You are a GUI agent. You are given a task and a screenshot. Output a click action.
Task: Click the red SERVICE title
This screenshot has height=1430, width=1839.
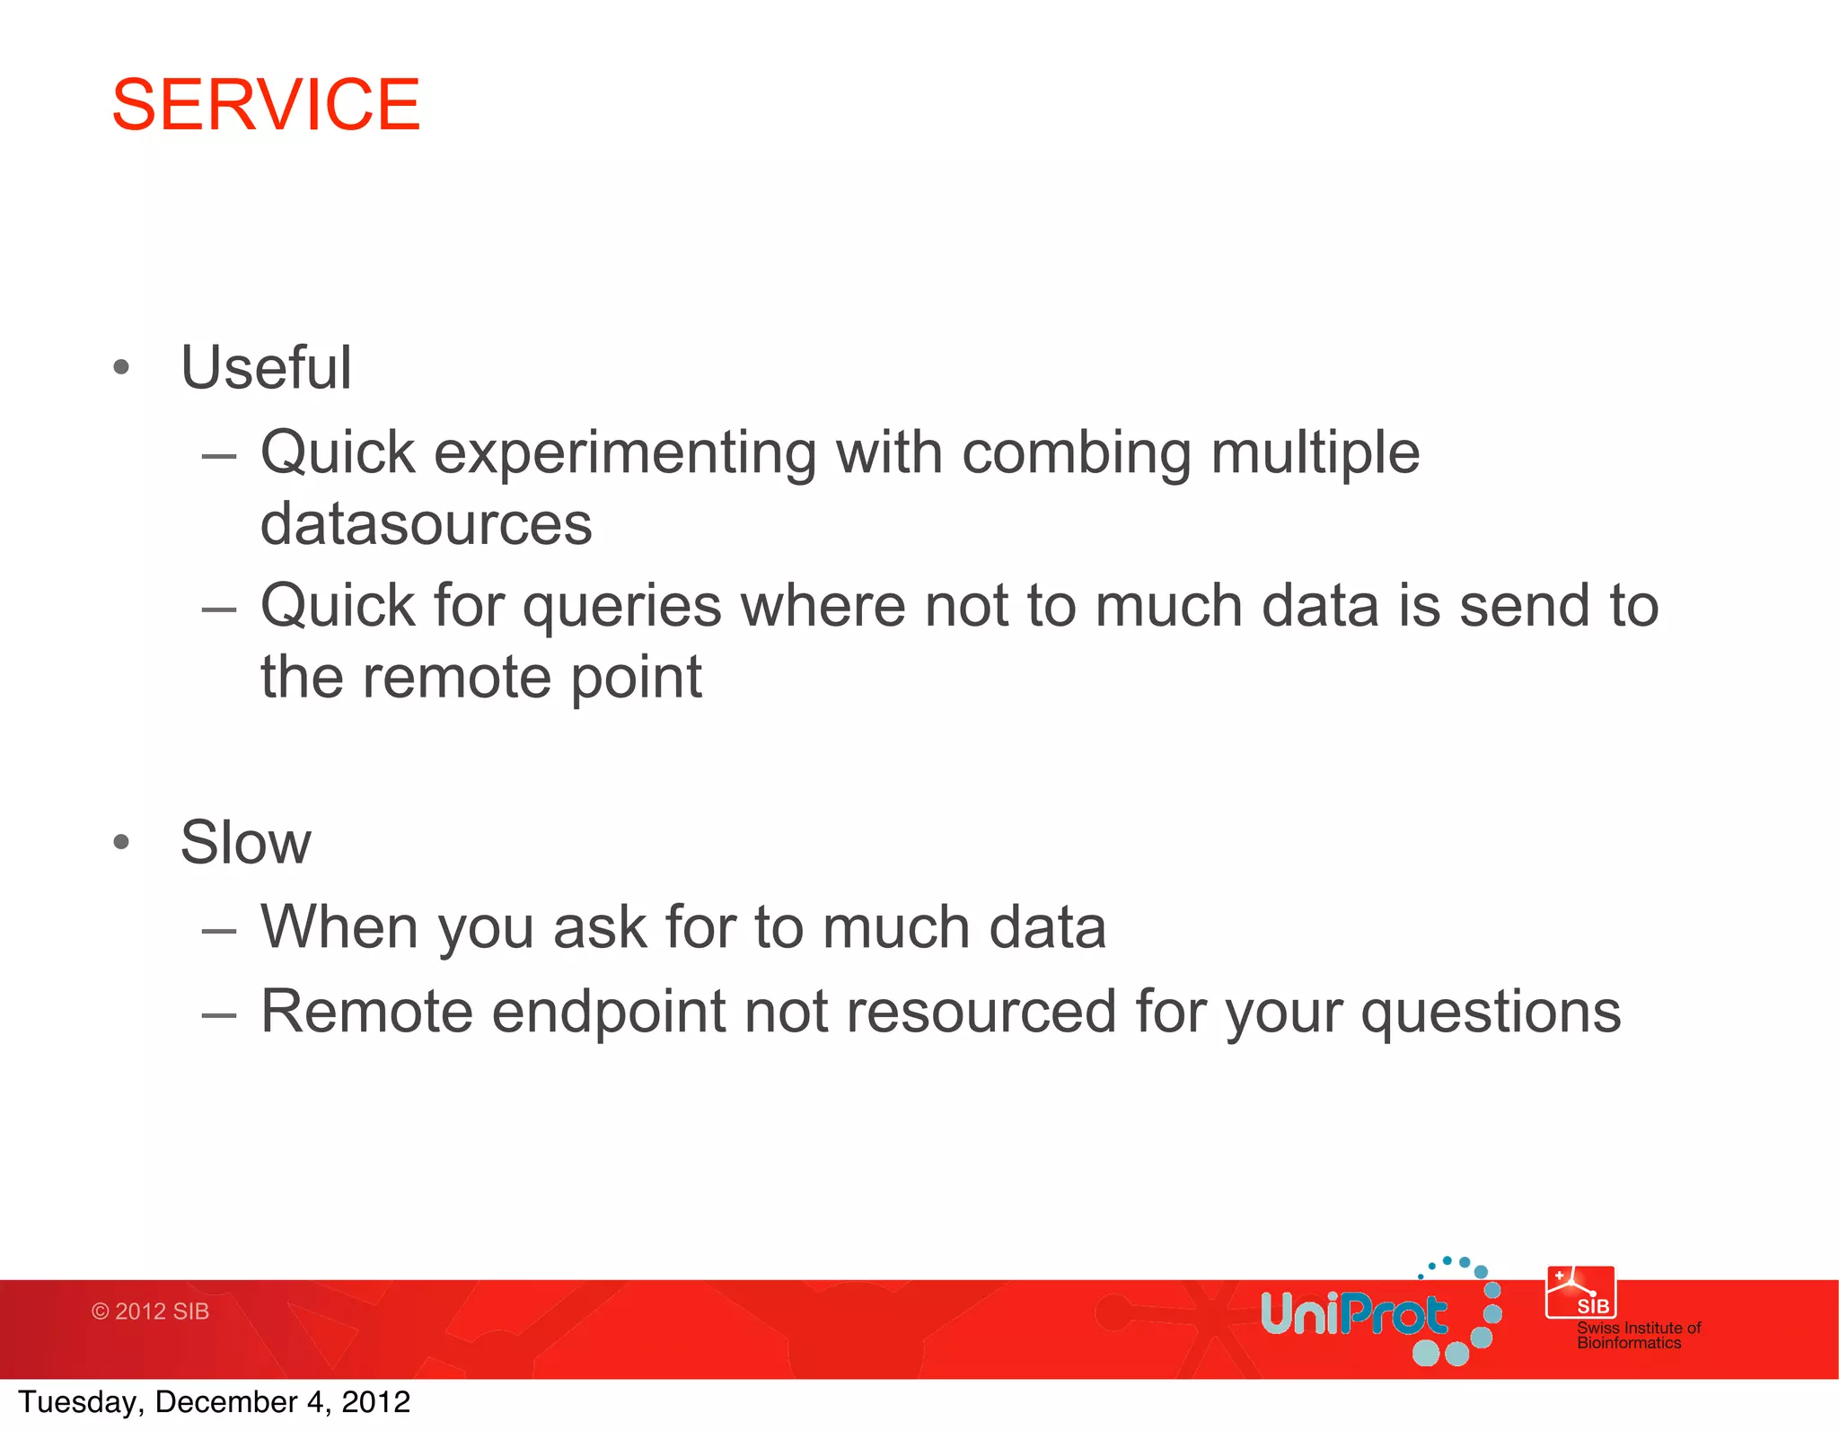pyautogui.click(x=266, y=105)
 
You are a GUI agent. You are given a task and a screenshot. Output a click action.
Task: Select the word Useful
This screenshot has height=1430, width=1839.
pyautogui.click(x=266, y=368)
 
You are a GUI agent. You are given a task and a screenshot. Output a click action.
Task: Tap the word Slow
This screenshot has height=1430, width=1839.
pyautogui.click(x=245, y=843)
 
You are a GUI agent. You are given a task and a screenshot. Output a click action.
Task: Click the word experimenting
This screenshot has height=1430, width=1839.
pyautogui.click(x=625, y=453)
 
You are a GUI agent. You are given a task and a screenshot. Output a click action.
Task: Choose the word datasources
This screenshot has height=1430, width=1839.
pyautogui.click(x=426, y=524)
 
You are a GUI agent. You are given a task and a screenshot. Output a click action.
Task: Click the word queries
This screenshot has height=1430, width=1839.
pyautogui.click(x=622, y=607)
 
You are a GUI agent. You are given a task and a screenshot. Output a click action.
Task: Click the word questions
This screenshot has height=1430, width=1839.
pyautogui.click(x=1490, y=1013)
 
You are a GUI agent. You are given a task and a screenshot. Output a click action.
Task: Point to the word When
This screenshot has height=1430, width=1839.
pyautogui.click(x=339, y=927)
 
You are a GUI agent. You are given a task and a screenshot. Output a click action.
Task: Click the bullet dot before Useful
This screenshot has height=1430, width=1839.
pyautogui.click(x=122, y=367)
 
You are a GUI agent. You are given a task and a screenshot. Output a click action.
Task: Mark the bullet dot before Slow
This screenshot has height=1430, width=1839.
pyautogui.click(x=122, y=842)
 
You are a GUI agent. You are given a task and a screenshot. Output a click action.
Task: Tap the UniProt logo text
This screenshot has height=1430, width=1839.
pyautogui.click(x=1352, y=1315)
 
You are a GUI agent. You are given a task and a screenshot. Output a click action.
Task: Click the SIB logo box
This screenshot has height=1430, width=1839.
pyautogui.click(x=1580, y=1293)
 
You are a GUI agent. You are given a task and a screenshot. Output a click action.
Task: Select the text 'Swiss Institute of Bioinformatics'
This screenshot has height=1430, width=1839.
pyautogui.click(x=1637, y=1335)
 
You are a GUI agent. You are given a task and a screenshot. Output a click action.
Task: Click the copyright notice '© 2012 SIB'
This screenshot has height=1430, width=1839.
pyautogui.click(x=150, y=1312)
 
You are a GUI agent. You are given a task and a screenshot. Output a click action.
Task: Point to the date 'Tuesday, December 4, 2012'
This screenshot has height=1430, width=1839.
pyautogui.click(x=214, y=1402)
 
